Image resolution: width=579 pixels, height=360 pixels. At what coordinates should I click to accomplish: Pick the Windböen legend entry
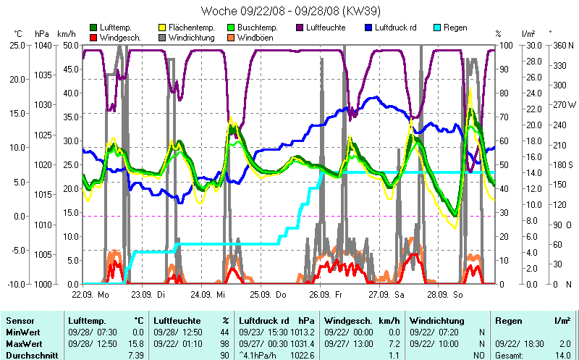point(253,37)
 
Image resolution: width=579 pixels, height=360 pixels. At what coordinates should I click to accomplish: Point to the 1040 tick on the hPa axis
point(42,45)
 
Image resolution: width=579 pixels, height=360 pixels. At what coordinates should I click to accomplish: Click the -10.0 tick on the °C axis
point(17,284)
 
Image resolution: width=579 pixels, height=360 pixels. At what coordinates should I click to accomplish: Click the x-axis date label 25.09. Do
point(268,295)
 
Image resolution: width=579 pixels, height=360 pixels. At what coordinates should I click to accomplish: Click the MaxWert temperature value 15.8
point(135,343)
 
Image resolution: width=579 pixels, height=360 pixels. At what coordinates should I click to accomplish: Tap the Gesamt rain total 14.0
point(562,355)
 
